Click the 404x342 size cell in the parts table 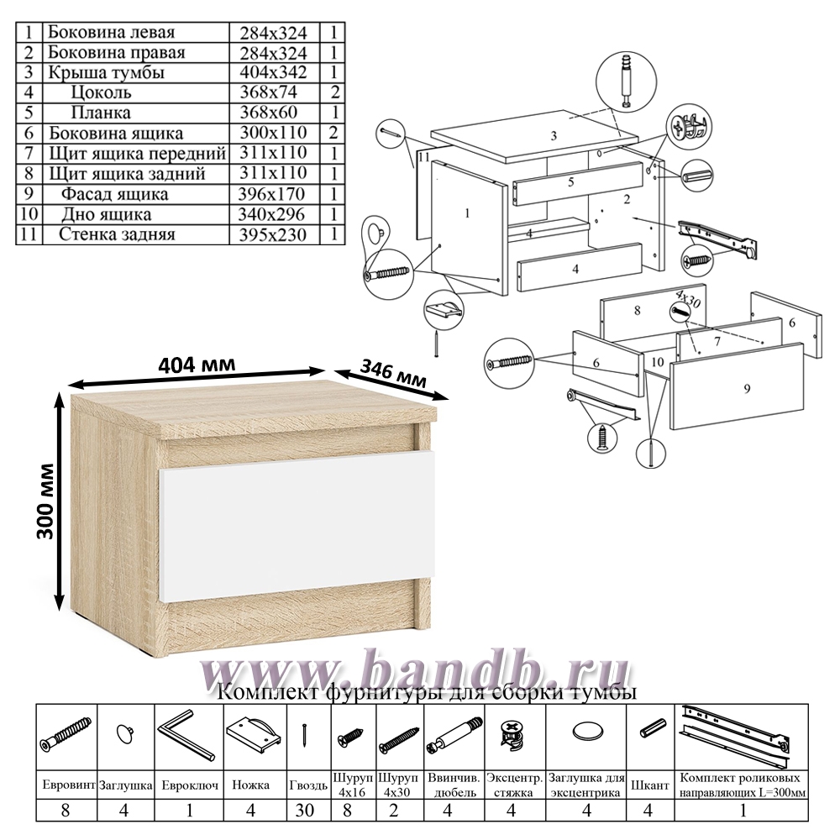point(273,72)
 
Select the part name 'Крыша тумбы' point(106,72)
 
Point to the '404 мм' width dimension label point(197,365)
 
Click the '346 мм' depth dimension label point(393,373)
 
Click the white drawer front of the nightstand point(297,525)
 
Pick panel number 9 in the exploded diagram point(738,386)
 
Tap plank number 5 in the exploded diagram point(578,182)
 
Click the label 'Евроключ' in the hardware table point(190,785)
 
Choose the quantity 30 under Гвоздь point(305,810)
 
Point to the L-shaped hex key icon point(186,735)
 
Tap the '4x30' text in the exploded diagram point(687,298)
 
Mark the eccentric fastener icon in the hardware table point(511,734)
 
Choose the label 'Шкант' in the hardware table point(649,785)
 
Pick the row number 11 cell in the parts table point(29,234)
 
